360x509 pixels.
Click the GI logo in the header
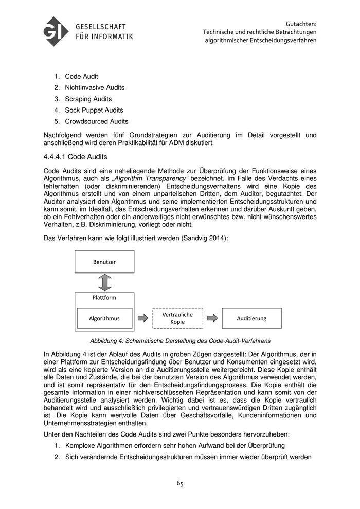[x=56, y=31]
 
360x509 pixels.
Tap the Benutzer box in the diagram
[x=104, y=262]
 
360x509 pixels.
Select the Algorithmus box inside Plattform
[x=104, y=318]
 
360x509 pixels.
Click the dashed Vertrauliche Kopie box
[x=177, y=318]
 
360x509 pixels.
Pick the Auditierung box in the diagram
[x=251, y=318]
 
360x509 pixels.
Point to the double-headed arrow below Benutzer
[x=104, y=282]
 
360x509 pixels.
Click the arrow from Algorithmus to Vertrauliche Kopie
[x=142, y=318]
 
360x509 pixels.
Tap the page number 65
[x=180, y=483]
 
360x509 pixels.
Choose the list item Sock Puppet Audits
[x=94, y=110]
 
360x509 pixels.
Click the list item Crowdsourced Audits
[x=97, y=121]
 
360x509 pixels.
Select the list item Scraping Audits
[x=88, y=99]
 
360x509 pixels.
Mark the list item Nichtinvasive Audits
[x=95, y=87]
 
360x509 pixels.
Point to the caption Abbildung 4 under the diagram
[x=180, y=340]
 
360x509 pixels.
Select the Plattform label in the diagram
[x=104, y=298]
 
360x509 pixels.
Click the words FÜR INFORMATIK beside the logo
[x=104, y=37]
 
